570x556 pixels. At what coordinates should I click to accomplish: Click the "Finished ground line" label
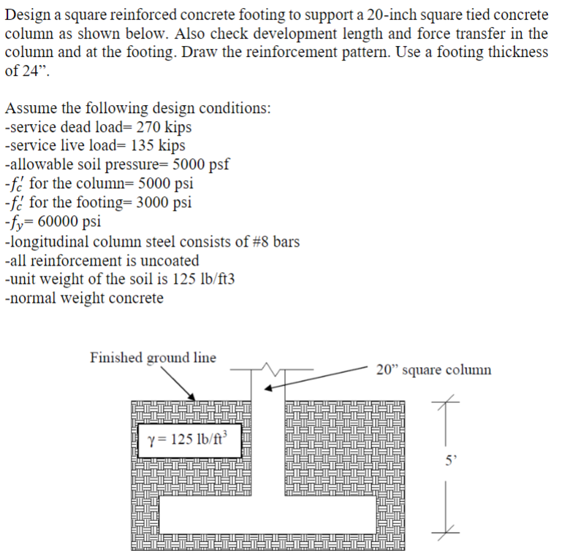click(x=153, y=358)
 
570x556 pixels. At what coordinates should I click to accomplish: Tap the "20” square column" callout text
click(x=434, y=369)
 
